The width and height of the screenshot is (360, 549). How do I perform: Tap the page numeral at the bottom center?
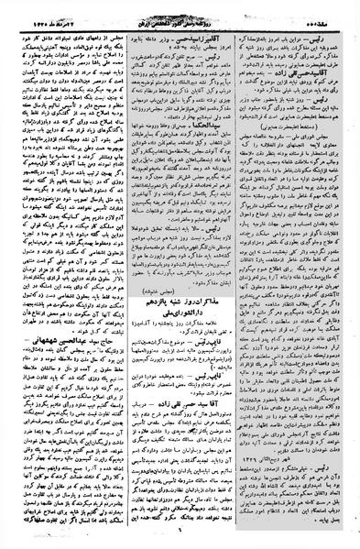tap(180, 540)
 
